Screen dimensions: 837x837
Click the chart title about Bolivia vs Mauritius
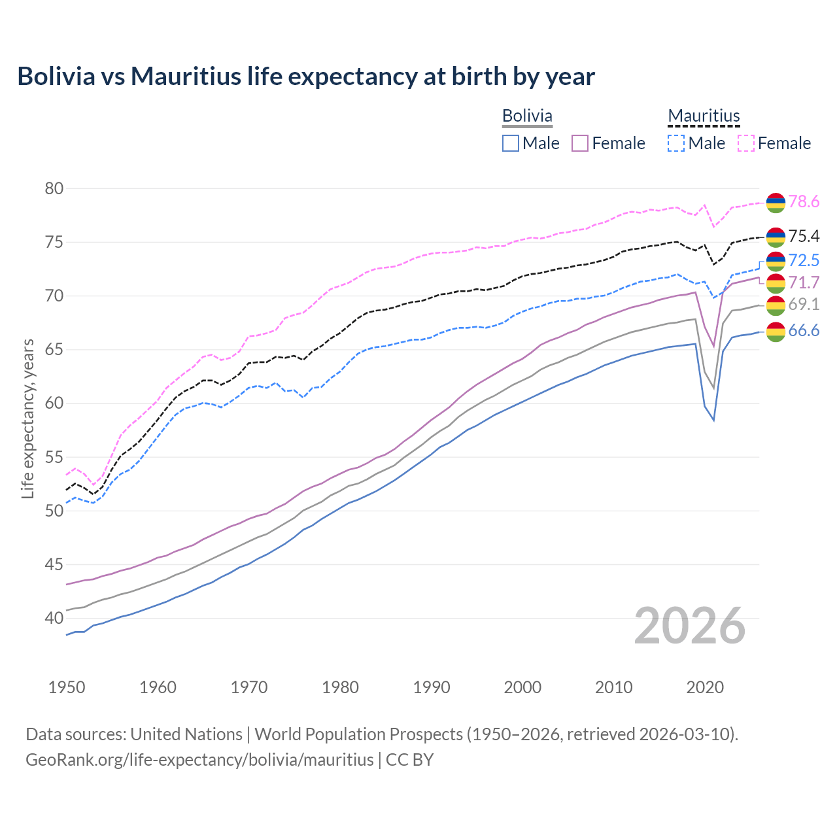pyautogui.click(x=306, y=77)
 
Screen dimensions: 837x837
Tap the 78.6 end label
pyautogui.click(x=804, y=202)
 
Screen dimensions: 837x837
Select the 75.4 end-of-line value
pyautogui.click(x=804, y=236)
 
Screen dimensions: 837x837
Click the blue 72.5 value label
pyautogui.click(x=804, y=260)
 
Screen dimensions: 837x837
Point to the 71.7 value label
pyautogui.click(x=804, y=282)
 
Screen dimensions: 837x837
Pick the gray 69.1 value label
pyautogui.click(x=804, y=304)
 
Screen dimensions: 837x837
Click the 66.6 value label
pyautogui.click(x=804, y=331)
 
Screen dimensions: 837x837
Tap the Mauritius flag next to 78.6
pyautogui.click(x=776, y=203)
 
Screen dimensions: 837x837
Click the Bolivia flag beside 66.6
pyautogui.click(x=776, y=332)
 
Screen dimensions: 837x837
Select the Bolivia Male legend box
pyautogui.click(x=511, y=143)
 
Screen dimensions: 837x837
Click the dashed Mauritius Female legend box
pyautogui.click(x=746, y=143)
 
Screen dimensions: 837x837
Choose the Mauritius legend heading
pyautogui.click(x=704, y=116)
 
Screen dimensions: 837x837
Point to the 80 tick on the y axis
pyautogui.click(x=54, y=189)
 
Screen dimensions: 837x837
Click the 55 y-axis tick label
pyautogui.click(x=54, y=457)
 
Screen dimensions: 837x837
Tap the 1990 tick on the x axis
pyautogui.click(x=432, y=687)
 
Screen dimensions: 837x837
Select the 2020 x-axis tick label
pyautogui.click(x=705, y=687)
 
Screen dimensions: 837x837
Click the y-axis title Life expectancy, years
pyautogui.click(x=27, y=418)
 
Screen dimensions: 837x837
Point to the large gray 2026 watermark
pyautogui.click(x=689, y=626)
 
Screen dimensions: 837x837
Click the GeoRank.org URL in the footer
pyautogui.click(x=199, y=760)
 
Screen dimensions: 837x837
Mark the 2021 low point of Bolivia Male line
pyautogui.click(x=713, y=420)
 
